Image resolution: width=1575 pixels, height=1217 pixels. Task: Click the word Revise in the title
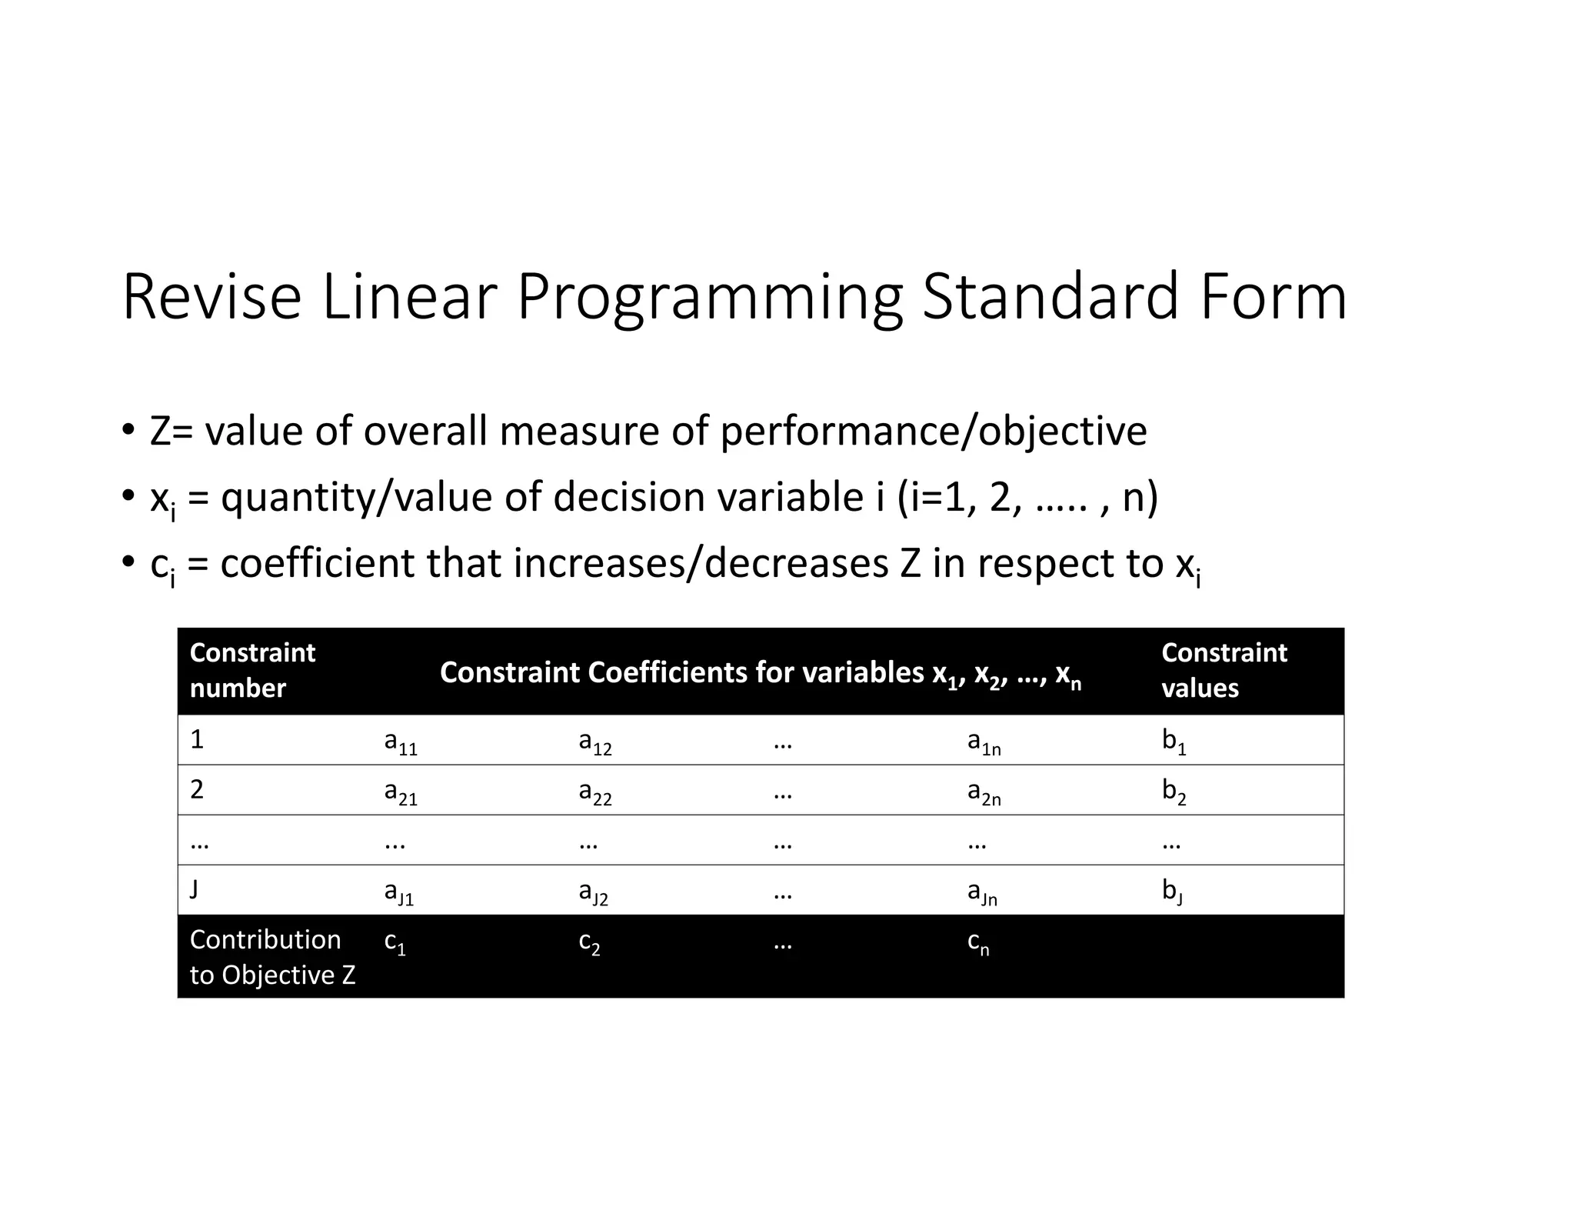[211, 297]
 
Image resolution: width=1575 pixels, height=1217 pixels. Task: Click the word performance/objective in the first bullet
[933, 431]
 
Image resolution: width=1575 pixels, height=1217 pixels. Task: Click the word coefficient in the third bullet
[317, 563]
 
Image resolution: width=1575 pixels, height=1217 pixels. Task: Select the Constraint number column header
[252, 670]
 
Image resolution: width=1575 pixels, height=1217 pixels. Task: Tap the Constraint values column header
[1224, 670]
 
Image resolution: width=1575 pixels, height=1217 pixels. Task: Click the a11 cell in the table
[401, 742]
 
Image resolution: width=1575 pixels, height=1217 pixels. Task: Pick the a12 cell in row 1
[595, 742]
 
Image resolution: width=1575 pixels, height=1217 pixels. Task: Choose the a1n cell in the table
[984, 742]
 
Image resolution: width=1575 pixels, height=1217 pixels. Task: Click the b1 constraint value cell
[1174, 742]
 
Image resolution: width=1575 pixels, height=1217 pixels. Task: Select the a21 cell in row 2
[401, 792]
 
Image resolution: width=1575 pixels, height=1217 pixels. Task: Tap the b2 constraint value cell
[1174, 792]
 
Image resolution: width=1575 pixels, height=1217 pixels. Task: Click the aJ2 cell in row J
[593, 892]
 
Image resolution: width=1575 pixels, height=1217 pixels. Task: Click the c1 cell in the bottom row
[395, 942]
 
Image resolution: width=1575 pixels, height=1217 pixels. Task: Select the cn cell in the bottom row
[977, 942]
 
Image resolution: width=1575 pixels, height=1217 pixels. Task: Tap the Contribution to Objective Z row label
[272, 957]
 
